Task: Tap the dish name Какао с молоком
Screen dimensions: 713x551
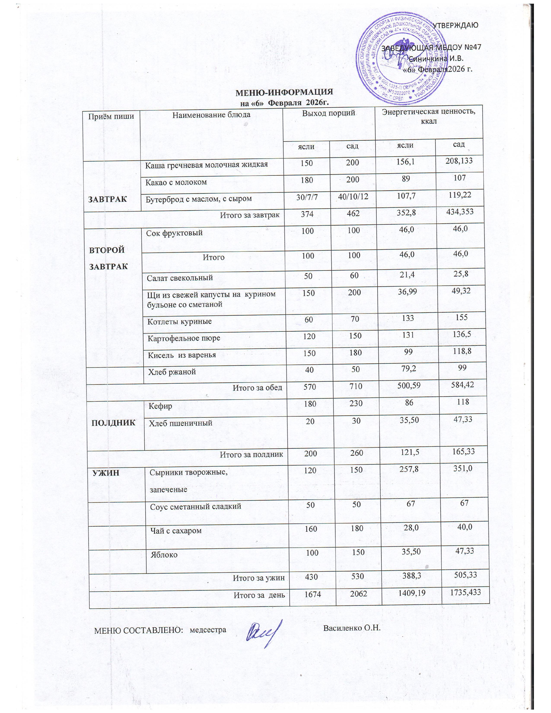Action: tap(176, 182)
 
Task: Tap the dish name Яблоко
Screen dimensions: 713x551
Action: tap(164, 554)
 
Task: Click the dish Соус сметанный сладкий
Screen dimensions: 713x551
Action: tap(196, 506)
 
